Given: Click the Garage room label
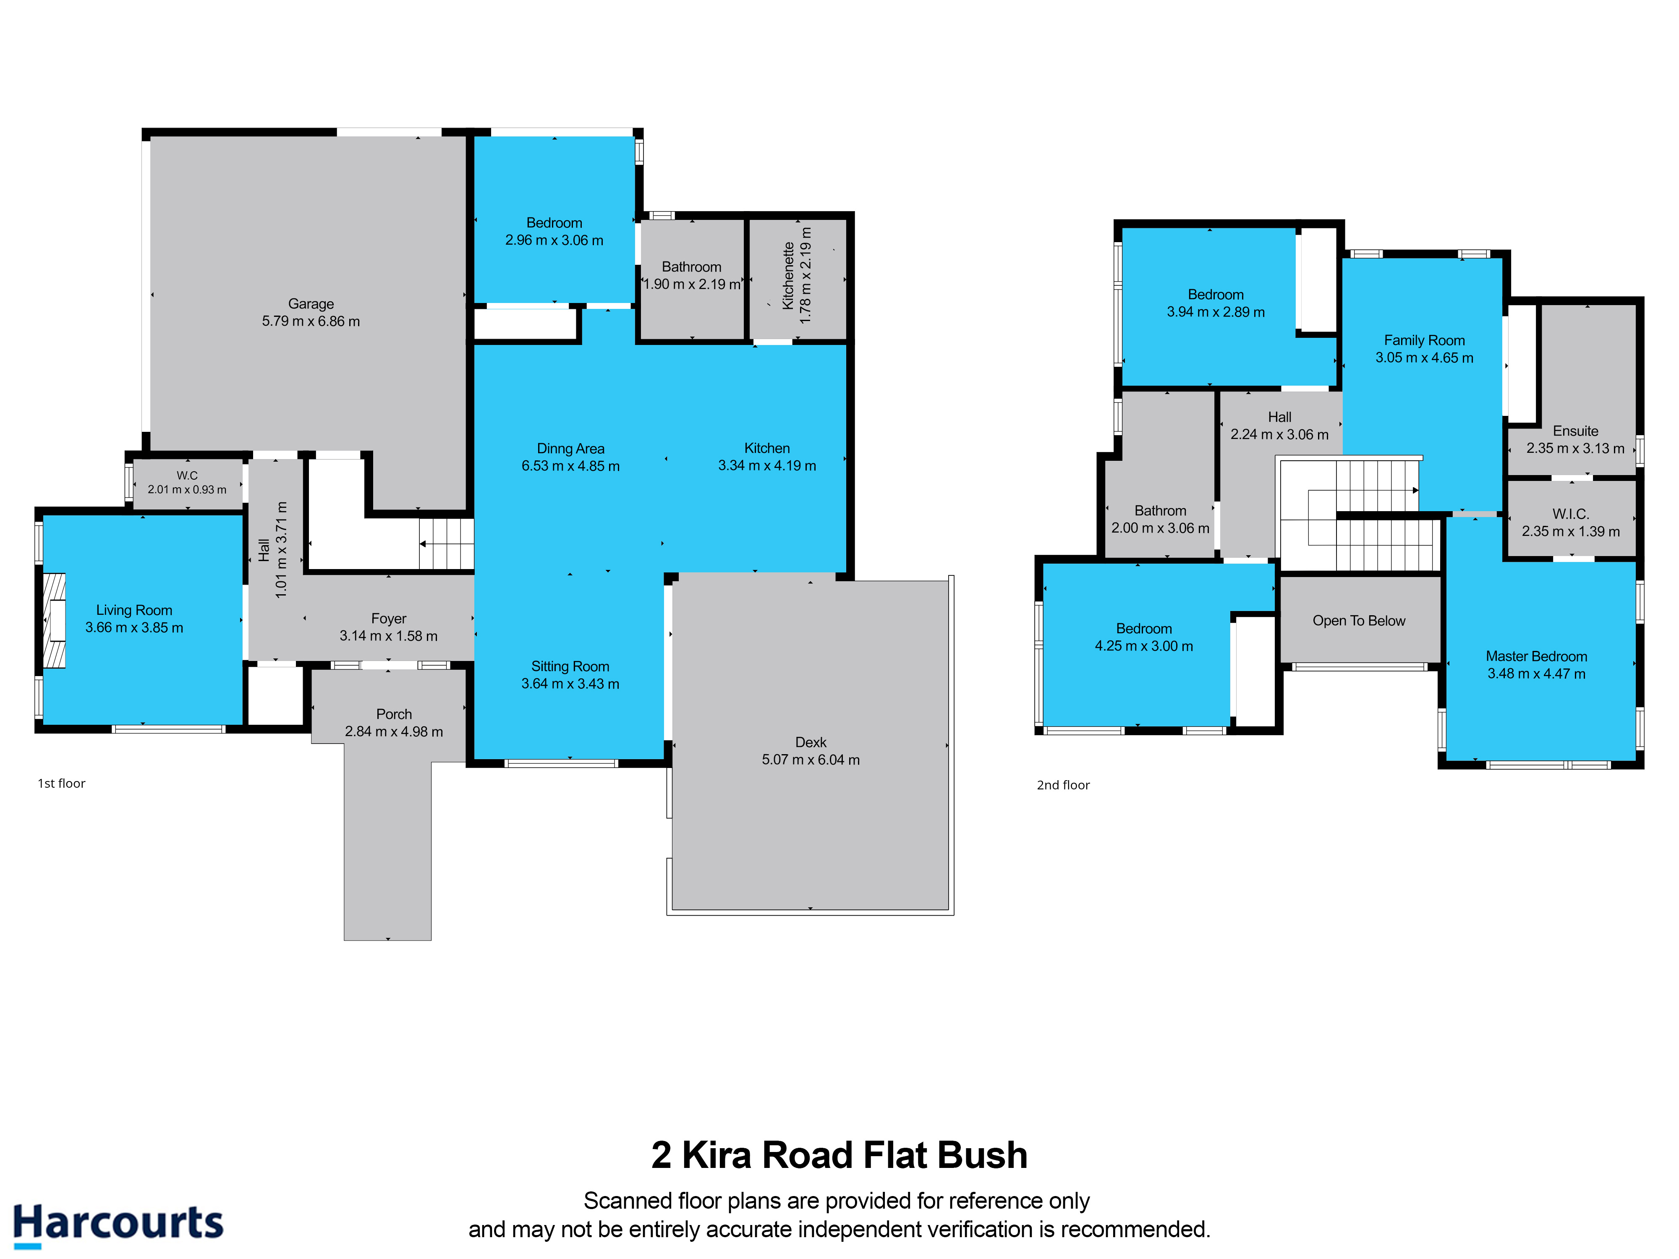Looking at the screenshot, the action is point(311,303).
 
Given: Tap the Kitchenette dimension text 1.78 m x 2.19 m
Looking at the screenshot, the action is point(806,275).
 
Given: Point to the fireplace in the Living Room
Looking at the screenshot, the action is point(54,620).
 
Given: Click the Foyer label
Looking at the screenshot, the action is point(389,619).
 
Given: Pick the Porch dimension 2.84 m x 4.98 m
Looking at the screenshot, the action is point(394,731).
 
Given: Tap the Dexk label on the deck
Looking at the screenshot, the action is point(811,742).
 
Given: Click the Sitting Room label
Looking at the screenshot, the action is point(570,666).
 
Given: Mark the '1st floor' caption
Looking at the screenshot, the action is point(61,783).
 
